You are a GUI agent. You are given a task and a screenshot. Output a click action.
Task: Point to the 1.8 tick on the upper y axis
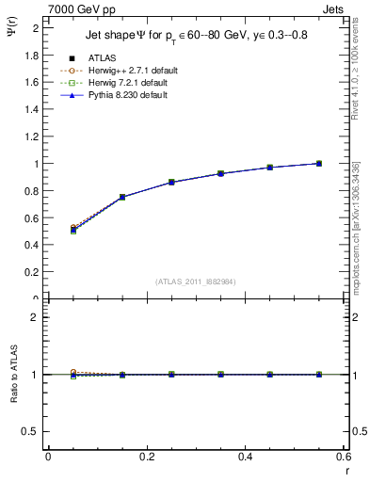(x=33, y=55)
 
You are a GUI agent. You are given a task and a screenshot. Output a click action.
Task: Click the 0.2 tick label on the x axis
(x=146, y=456)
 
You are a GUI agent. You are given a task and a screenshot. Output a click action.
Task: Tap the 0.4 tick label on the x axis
(x=245, y=456)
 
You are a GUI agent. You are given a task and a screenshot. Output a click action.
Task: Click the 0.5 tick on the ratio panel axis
(x=33, y=431)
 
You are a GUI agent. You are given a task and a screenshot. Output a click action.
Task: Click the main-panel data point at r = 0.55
(x=319, y=164)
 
